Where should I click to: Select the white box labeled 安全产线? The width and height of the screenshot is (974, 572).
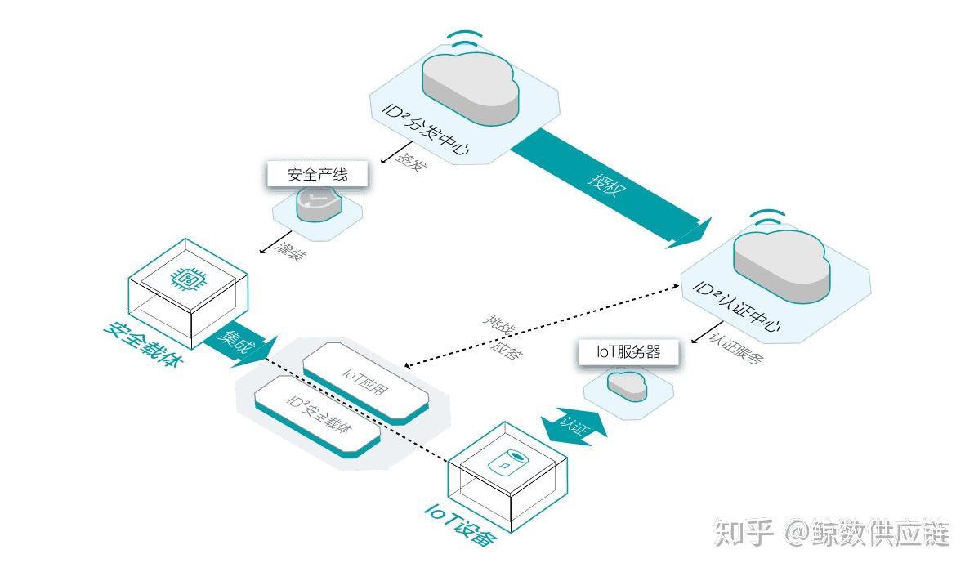316,175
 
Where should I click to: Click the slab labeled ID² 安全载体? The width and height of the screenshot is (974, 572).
318,416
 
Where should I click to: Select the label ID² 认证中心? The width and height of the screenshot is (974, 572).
735,310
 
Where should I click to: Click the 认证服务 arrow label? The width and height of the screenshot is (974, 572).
736,348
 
